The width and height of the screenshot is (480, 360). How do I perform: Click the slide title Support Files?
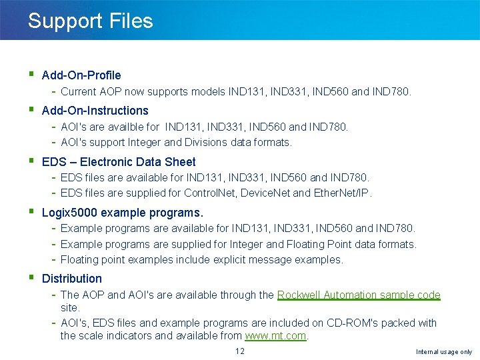click(90, 21)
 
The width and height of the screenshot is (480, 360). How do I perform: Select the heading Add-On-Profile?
click(81, 75)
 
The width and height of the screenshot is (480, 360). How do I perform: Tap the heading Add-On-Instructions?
click(95, 111)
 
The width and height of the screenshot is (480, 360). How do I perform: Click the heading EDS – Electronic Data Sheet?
click(119, 162)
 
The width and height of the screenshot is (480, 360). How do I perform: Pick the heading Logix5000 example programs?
click(122, 213)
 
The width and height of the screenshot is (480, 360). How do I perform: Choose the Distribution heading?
click(72, 279)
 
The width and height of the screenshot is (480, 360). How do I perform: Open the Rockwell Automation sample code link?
click(359, 295)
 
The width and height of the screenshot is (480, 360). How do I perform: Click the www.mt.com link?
click(275, 336)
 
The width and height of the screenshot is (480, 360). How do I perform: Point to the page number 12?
click(240, 351)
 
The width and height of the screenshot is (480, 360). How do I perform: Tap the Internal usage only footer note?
click(443, 352)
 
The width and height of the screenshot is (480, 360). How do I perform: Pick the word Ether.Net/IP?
click(342, 193)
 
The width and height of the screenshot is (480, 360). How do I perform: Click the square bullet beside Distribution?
click(32, 277)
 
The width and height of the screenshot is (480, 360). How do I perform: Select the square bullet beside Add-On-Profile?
click(32, 75)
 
